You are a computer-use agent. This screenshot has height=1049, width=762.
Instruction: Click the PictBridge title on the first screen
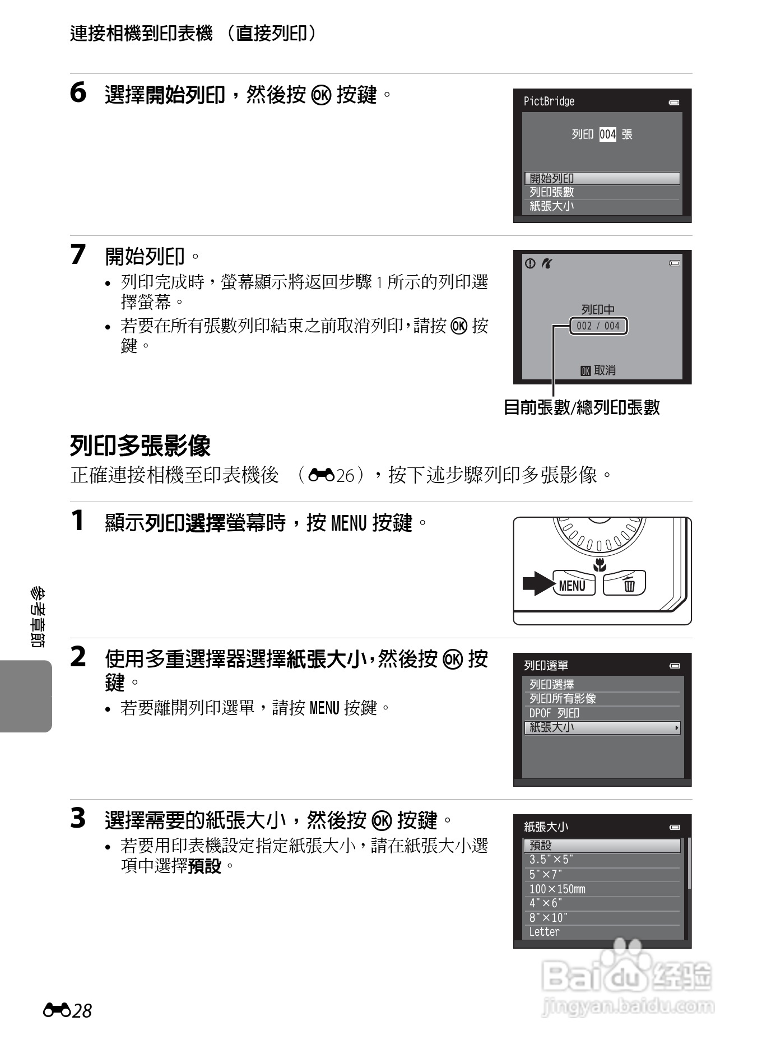[549, 101]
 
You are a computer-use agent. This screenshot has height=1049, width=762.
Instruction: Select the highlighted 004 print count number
[607, 134]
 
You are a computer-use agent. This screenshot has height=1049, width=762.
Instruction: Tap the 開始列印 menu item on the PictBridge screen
[602, 178]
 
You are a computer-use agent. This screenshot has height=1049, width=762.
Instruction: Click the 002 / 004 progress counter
[598, 326]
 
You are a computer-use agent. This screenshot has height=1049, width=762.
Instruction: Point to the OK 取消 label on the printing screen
[598, 370]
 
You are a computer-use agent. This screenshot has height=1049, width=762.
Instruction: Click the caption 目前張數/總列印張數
[582, 407]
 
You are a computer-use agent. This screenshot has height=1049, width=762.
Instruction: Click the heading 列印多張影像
[140, 446]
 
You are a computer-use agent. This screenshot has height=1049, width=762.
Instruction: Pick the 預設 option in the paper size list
[602, 846]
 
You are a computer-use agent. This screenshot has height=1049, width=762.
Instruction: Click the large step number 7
[78, 255]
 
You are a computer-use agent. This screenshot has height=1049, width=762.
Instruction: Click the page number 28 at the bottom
[82, 1010]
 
